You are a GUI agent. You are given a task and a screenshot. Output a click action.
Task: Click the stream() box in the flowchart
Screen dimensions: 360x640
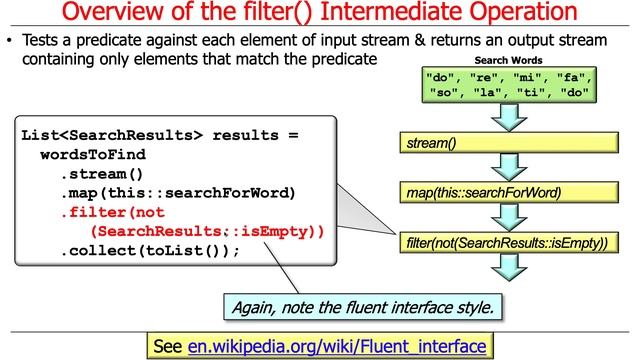click(x=509, y=145)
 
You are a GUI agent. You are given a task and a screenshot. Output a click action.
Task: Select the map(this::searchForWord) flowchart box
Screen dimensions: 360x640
click(x=509, y=192)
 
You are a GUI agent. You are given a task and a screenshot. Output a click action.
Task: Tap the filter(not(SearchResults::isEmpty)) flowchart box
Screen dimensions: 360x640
click(x=509, y=243)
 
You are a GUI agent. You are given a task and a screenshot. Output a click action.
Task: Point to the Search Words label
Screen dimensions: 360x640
click(x=508, y=60)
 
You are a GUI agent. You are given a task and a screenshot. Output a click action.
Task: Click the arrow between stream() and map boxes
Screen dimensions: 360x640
click(x=509, y=168)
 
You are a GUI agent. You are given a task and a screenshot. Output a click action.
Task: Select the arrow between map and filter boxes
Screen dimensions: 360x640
click(x=509, y=217)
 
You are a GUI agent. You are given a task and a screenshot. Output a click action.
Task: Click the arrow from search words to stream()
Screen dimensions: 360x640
click(x=509, y=117)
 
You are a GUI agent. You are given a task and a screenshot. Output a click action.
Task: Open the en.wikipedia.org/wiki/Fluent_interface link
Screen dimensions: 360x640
click(x=337, y=346)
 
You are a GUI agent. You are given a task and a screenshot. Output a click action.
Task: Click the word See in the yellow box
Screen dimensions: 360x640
click(x=168, y=346)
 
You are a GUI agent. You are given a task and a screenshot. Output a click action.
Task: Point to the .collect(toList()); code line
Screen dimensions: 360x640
click(x=150, y=251)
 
